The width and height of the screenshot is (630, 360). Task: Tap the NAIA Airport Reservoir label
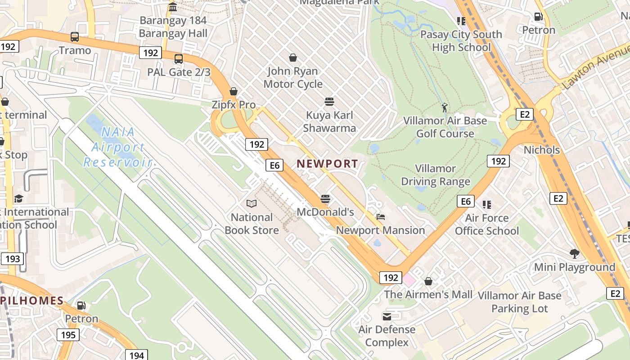118,147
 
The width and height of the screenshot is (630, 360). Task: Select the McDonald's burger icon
325,198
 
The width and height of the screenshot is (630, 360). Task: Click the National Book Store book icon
252,204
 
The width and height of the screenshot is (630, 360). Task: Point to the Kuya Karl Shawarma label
329,121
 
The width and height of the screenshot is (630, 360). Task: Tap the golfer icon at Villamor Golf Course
445,108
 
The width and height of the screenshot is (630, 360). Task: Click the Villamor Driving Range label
435,175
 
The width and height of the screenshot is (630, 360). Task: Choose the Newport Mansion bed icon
381,216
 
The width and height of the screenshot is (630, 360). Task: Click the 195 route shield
67,335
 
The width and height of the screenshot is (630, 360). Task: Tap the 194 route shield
136,355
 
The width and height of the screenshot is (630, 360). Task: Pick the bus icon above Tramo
75,37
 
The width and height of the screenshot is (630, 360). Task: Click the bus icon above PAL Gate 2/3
179,58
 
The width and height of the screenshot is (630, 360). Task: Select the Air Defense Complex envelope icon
387,316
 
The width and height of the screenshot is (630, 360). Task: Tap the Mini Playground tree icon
574,253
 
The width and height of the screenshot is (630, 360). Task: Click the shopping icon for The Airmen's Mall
428,281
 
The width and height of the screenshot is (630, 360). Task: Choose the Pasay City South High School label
461,41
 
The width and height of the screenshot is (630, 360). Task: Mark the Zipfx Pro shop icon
234,91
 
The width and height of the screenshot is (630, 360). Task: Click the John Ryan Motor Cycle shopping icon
293,58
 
